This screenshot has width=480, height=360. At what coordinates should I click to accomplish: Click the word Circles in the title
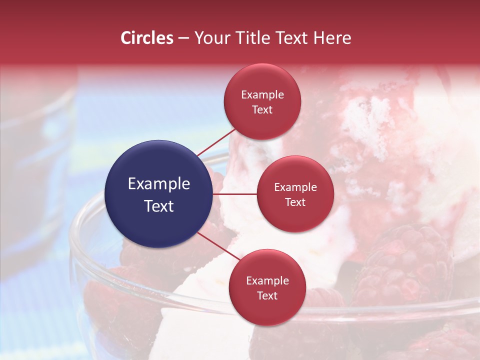[147, 38]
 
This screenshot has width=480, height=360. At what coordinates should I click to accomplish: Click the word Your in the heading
[213, 38]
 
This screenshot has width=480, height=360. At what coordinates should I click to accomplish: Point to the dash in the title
[183, 38]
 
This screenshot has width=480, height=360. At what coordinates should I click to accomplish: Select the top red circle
[262, 101]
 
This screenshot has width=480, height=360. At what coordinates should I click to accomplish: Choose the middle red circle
[295, 194]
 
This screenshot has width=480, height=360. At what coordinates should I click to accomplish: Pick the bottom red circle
[267, 287]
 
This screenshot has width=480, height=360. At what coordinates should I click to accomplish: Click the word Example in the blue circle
[159, 184]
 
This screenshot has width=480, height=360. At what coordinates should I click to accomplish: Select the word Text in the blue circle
[159, 206]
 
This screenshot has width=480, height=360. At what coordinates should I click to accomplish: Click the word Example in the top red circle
[262, 94]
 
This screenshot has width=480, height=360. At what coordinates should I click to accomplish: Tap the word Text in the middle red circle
[295, 202]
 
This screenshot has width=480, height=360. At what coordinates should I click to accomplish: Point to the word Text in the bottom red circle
[267, 295]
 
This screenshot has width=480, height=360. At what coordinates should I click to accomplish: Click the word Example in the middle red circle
[295, 187]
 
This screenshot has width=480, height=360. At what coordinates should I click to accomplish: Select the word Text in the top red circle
[262, 109]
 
